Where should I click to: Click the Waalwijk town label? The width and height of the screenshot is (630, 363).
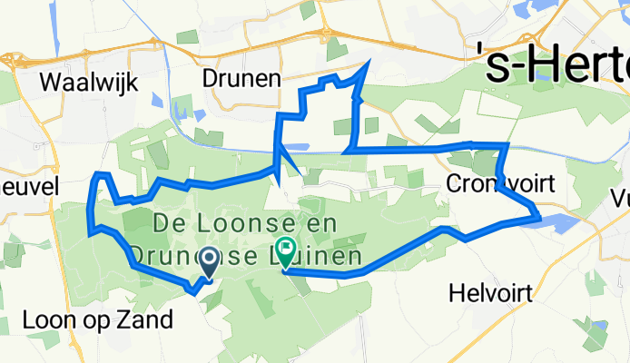(89, 83)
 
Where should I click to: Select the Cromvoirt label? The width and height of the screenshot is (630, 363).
(501, 184)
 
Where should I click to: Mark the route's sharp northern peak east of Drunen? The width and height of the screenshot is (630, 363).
(368, 63)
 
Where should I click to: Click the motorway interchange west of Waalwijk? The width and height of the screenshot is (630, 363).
(11, 62)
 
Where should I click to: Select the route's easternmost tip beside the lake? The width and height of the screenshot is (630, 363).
(538, 216)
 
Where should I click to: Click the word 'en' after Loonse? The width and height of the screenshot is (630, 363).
(320, 222)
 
